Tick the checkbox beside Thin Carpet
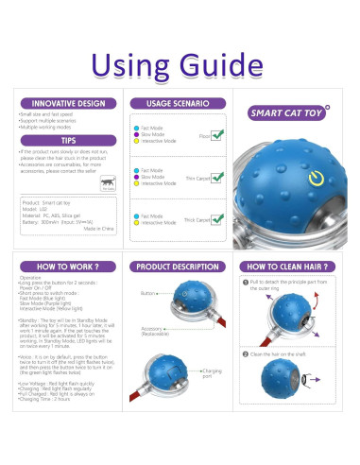218,177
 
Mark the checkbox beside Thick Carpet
218,219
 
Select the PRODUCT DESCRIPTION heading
180,267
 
